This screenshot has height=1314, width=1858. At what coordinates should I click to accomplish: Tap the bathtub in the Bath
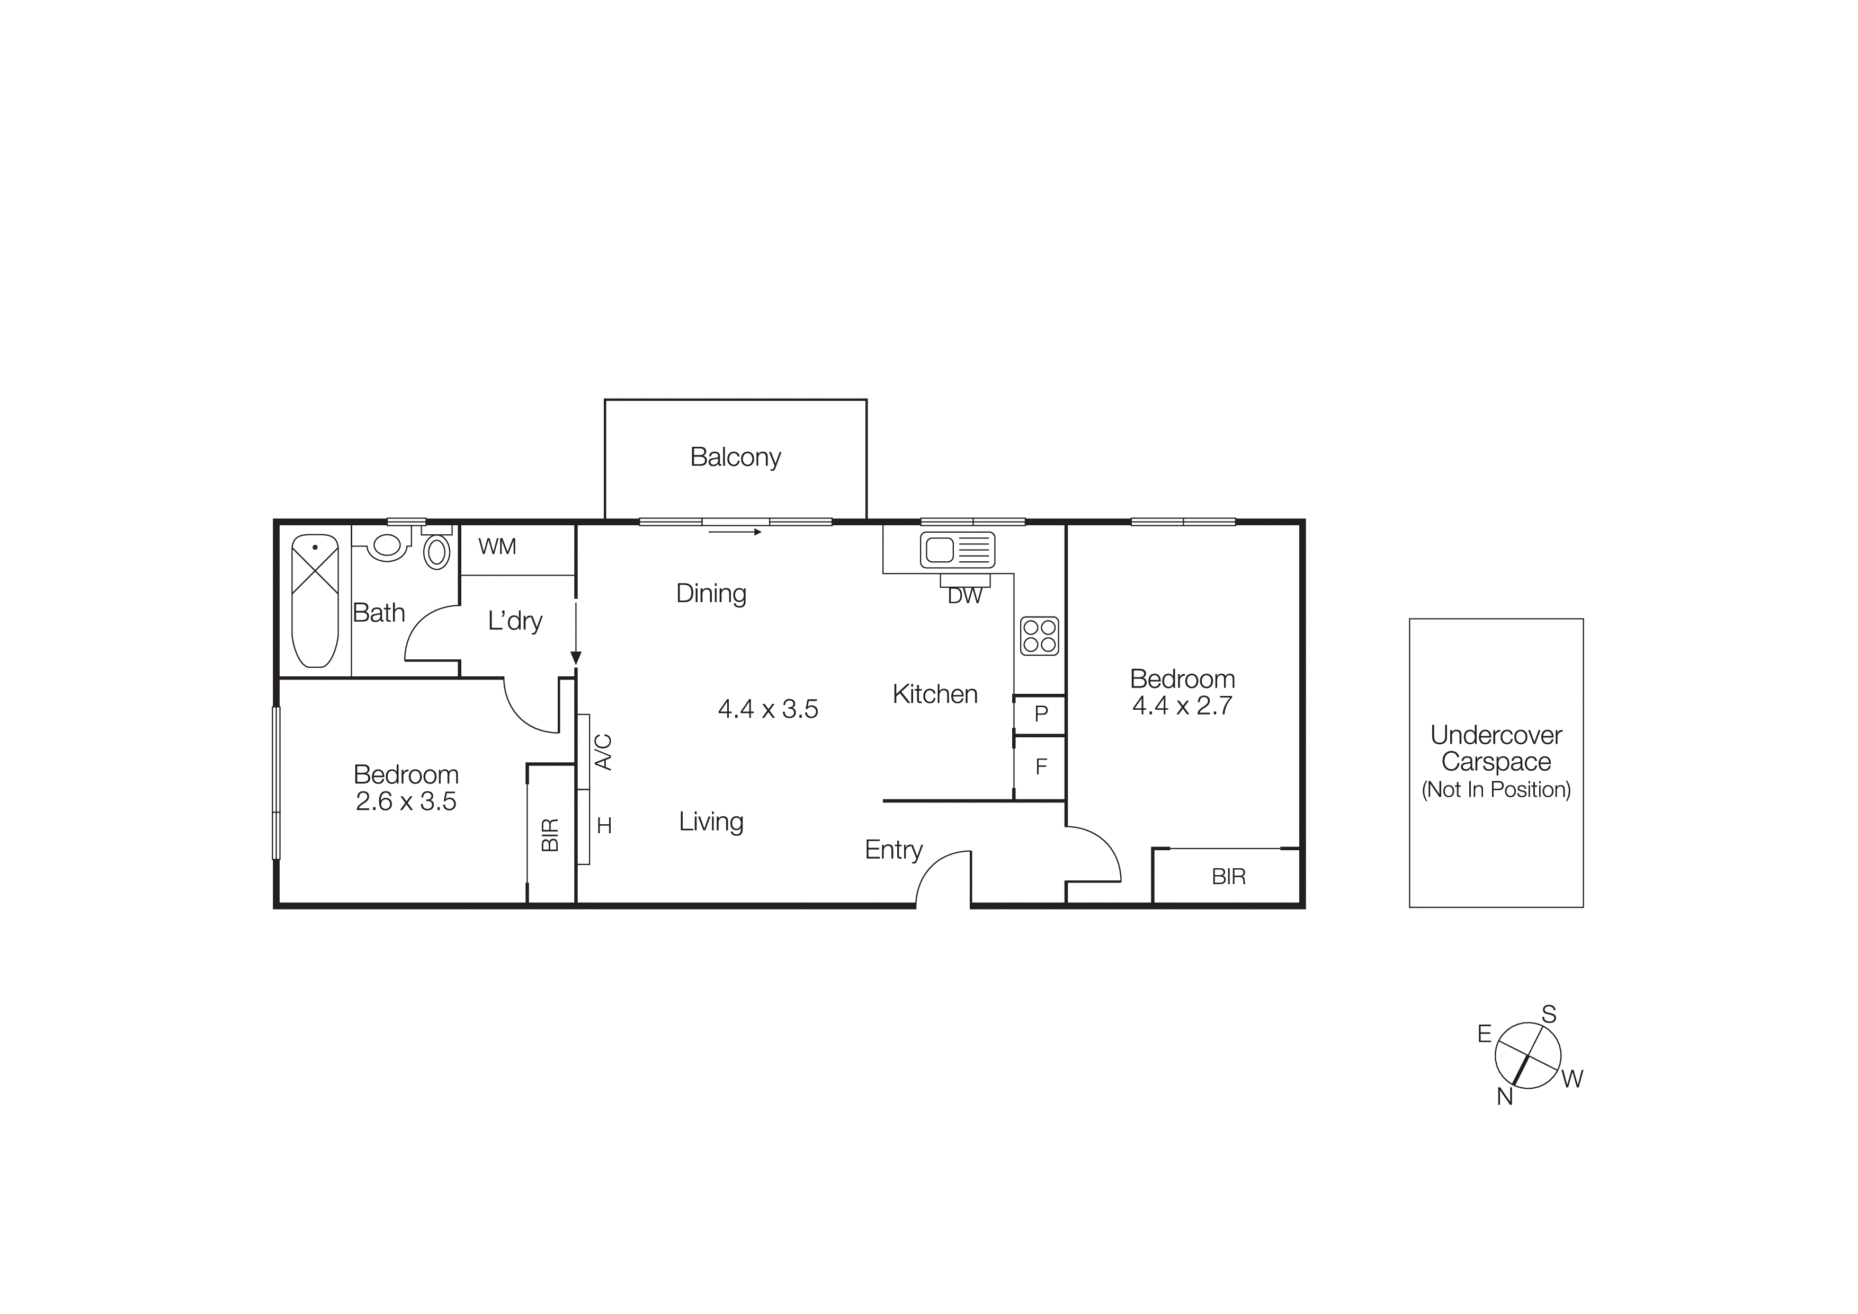tap(315, 600)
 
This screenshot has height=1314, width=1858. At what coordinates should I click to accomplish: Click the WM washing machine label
tap(497, 548)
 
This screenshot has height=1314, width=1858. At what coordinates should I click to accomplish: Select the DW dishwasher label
tap(964, 597)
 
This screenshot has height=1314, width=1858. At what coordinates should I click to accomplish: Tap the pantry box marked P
tap(1041, 714)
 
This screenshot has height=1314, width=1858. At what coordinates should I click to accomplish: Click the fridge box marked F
tap(1041, 766)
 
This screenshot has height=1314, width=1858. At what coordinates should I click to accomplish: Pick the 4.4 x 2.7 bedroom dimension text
tap(1182, 706)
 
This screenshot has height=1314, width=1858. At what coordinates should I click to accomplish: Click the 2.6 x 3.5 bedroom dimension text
tap(406, 801)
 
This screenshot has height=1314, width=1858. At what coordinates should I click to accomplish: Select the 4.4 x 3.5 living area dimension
tap(768, 709)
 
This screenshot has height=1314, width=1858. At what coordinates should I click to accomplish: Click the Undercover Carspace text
tap(1496, 749)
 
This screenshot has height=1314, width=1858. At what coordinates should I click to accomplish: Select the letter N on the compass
tap(1504, 1097)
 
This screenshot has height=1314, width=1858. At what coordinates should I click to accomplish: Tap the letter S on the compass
tap(1549, 1015)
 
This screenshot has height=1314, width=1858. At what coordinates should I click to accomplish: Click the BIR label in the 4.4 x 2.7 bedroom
tap(1228, 877)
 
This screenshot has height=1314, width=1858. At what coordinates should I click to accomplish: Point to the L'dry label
tap(515, 622)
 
